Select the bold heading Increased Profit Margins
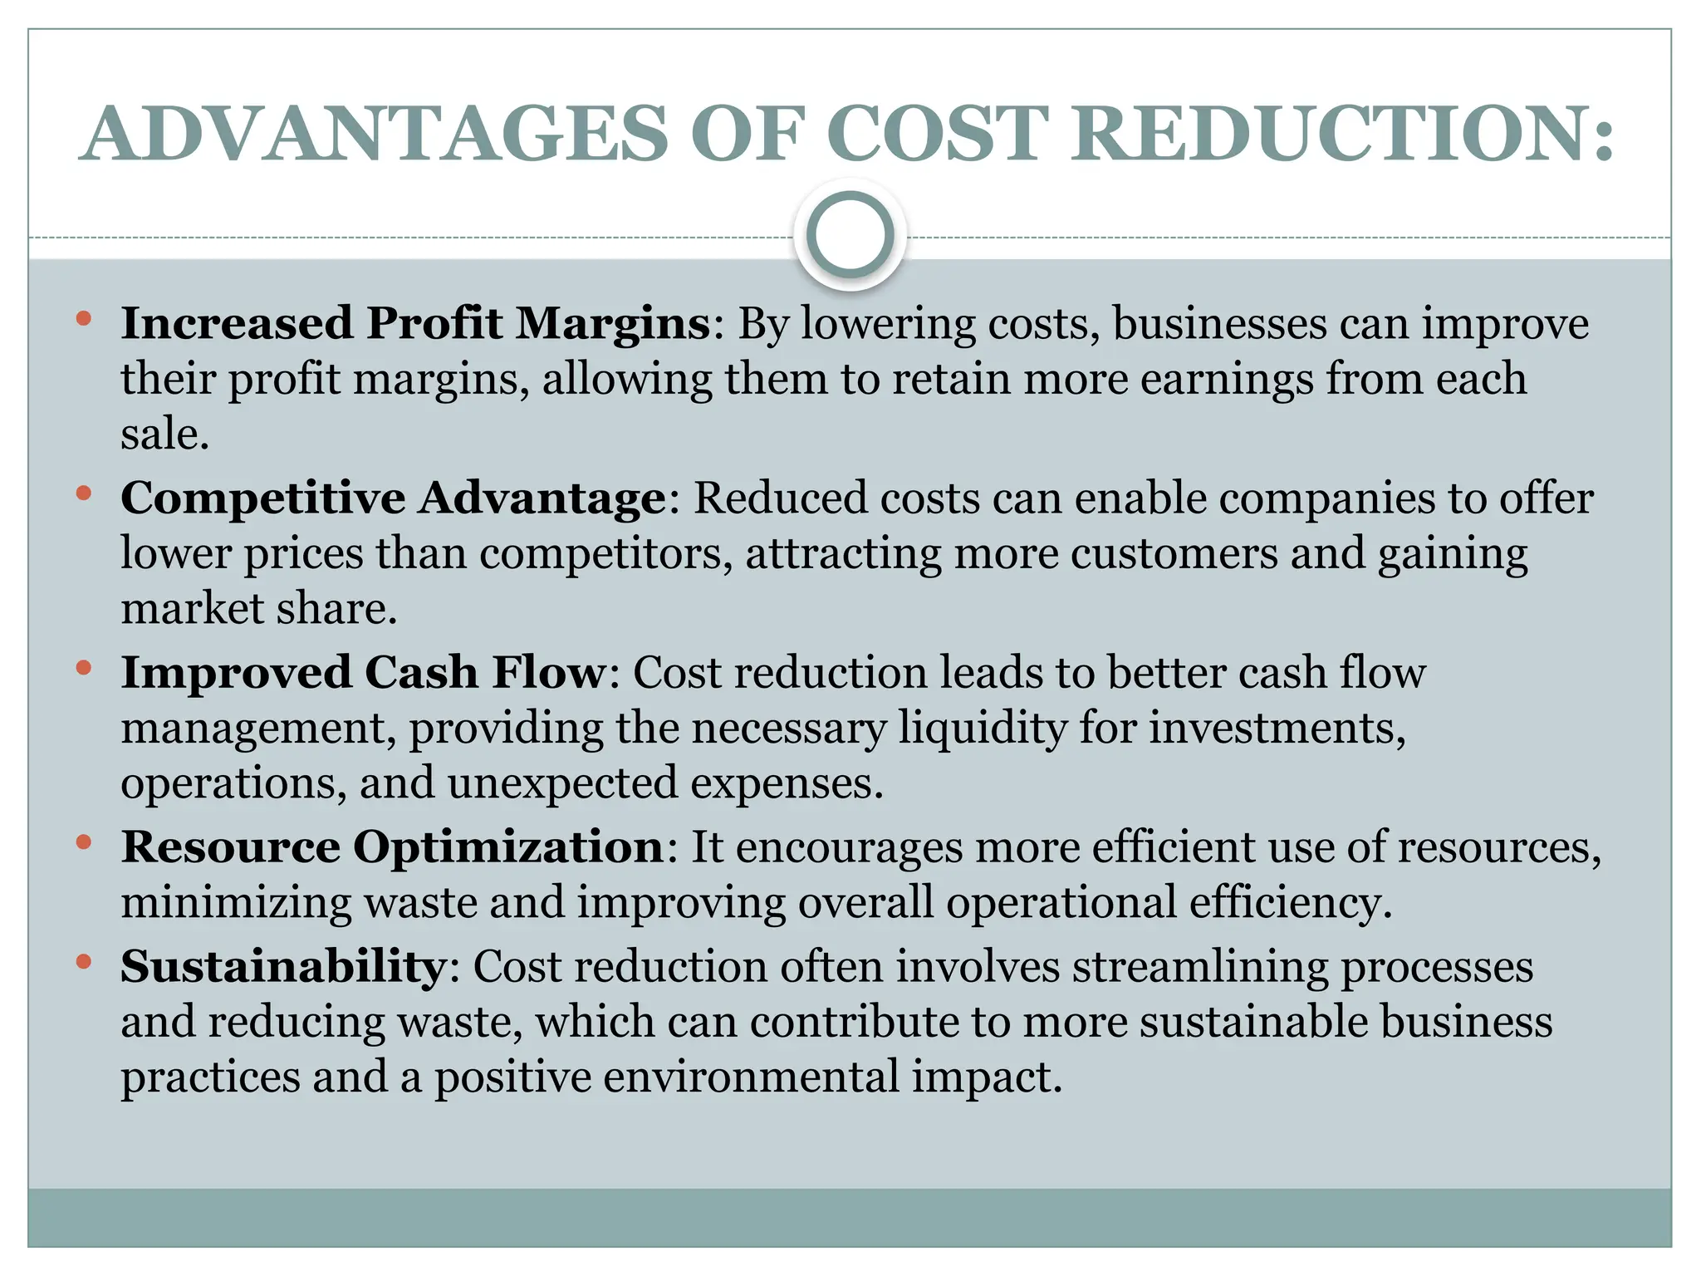point(415,323)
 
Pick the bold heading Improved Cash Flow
point(364,673)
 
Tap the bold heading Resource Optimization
point(393,847)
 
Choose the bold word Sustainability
point(283,967)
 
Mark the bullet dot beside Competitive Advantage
point(83,493)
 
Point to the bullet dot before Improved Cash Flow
point(83,668)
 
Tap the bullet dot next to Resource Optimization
point(83,842)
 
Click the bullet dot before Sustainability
point(83,962)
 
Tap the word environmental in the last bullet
point(751,1077)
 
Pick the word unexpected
point(562,784)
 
